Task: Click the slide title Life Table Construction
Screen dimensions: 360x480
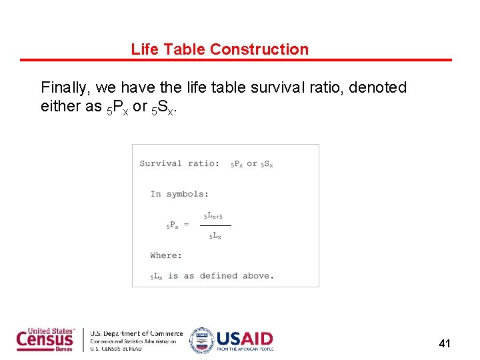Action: point(220,49)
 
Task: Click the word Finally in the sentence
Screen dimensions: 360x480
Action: point(65,88)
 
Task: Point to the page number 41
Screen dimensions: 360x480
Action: point(445,344)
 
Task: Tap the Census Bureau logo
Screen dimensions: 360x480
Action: point(46,339)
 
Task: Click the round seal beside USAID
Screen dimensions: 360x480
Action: point(201,340)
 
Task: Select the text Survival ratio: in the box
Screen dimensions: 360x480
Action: point(179,163)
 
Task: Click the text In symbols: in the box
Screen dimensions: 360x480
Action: point(179,194)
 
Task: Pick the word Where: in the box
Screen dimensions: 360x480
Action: point(166,255)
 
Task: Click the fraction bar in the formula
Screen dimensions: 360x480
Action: point(215,225)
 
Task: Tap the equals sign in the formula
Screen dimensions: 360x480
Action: point(186,225)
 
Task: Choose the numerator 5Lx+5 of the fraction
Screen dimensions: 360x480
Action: point(213,216)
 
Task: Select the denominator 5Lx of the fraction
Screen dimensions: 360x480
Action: point(215,236)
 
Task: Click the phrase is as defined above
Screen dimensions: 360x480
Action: point(219,275)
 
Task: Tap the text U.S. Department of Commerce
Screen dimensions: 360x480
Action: point(136,333)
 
